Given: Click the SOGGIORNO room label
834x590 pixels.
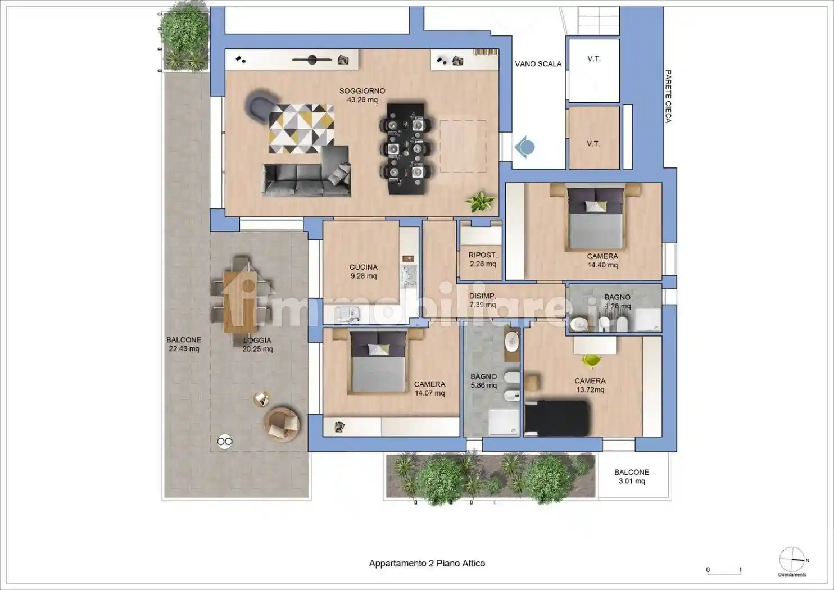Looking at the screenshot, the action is pos(362,91).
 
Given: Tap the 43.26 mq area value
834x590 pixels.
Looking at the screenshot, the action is pos(362,100).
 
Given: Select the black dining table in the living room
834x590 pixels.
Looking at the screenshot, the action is pos(406,149).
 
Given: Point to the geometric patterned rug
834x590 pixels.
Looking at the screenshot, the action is pos(301,129).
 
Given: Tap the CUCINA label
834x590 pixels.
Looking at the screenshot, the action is pos(364,267).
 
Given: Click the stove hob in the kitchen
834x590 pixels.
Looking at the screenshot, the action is pos(409,276).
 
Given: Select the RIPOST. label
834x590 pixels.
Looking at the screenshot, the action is pos(483,255).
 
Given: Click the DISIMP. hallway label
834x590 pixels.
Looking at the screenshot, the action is pos(482,296).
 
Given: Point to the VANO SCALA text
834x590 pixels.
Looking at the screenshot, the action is pos(538,64).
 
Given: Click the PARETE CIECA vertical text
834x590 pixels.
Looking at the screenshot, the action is pos(668,96).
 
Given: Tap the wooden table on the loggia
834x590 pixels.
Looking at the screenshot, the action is pos(240,302).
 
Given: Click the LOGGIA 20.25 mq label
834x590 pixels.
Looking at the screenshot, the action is pos(257,344).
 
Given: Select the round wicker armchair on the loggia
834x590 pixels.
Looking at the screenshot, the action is pos(282,424).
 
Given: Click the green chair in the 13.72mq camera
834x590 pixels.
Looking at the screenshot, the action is pos(591,360).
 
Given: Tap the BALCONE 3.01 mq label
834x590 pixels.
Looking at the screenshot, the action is pos(632,476).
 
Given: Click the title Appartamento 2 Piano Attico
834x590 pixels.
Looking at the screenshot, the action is pos(427,563).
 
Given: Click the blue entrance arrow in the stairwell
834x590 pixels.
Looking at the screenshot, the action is pos(524,147).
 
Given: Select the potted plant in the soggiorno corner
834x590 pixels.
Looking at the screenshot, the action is pos(480,201).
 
